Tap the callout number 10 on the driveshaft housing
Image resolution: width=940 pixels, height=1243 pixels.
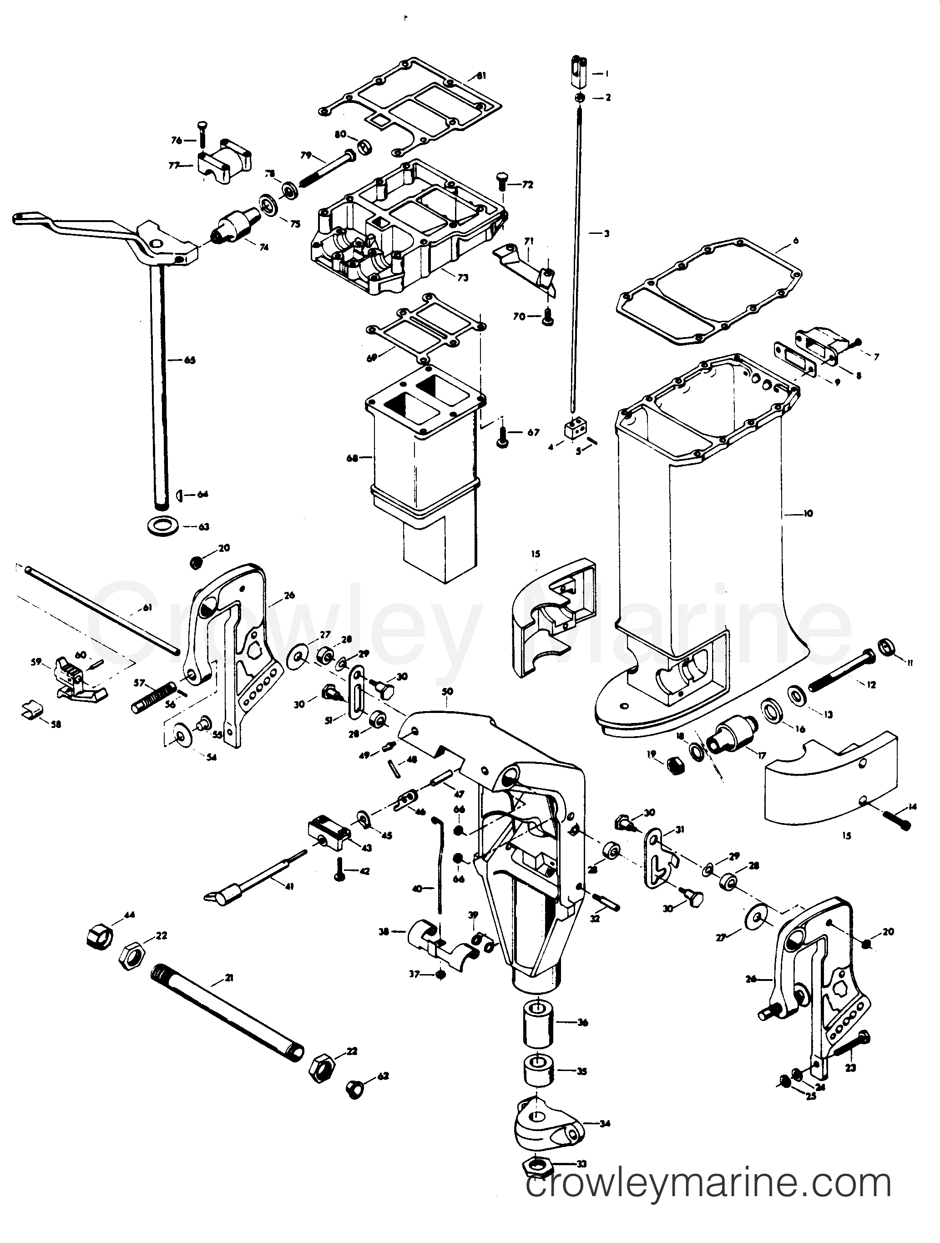tap(808, 513)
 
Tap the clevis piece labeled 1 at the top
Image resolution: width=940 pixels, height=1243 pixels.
tap(580, 70)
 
